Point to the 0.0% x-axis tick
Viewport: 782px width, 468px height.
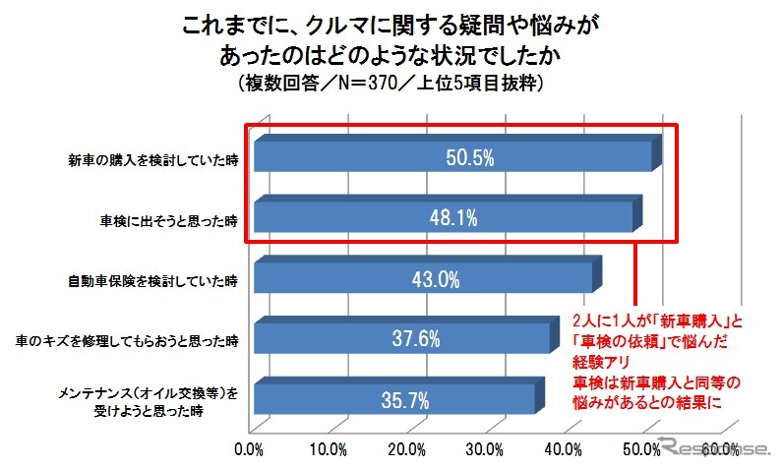coord(250,450)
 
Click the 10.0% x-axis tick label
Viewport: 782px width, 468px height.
coord(328,450)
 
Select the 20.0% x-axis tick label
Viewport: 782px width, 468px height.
coord(405,450)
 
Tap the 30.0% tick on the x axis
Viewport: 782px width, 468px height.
coord(483,450)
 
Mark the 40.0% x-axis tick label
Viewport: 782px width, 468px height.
coord(561,450)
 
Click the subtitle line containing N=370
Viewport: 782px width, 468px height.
coord(391,83)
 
